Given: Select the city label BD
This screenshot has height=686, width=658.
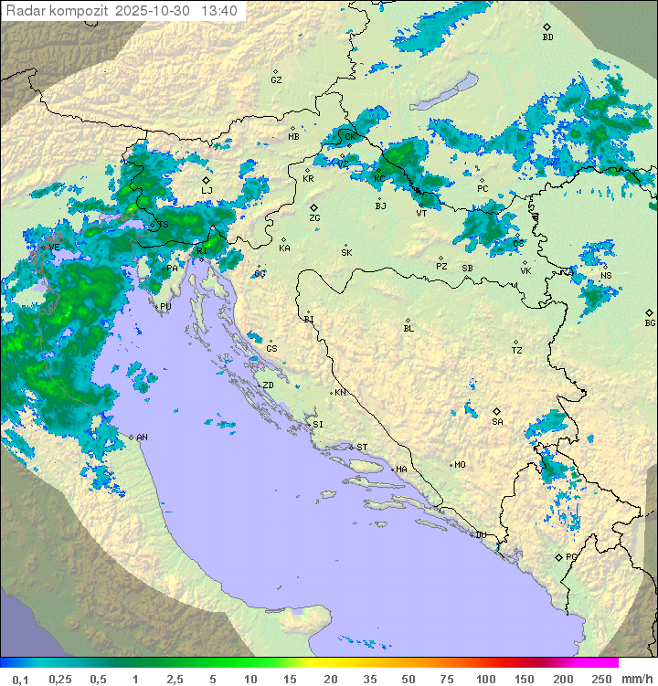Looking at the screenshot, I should [x=547, y=37].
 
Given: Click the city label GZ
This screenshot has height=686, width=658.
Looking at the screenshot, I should [x=276, y=79].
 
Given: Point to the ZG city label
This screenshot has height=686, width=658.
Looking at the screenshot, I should [x=314, y=218].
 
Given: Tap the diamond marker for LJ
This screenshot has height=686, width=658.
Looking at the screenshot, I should [x=207, y=180].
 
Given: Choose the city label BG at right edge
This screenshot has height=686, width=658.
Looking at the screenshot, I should [x=650, y=322].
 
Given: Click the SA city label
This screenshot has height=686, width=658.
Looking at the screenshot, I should [x=497, y=421].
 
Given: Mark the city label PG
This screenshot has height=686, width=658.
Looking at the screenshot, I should [x=571, y=556].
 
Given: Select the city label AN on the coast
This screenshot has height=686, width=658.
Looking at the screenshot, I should [x=142, y=438].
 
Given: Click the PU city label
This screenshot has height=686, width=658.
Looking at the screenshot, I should [x=165, y=307].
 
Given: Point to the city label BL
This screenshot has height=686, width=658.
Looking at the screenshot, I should [x=409, y=328].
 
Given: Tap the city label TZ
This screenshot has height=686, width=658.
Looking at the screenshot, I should [x=517, y=350].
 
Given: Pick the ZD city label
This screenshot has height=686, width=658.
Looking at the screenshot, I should [x=268, y=385].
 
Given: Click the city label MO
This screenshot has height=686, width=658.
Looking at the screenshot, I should [x=460, y=465].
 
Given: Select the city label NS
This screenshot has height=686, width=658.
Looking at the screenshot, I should [x=606, y=276].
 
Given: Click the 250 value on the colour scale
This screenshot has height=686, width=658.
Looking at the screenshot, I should [x=600, y=679].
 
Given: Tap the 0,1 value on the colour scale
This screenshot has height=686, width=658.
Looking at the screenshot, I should [x=20, y=679].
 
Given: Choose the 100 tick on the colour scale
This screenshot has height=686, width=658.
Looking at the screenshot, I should [x=484, y=679].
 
